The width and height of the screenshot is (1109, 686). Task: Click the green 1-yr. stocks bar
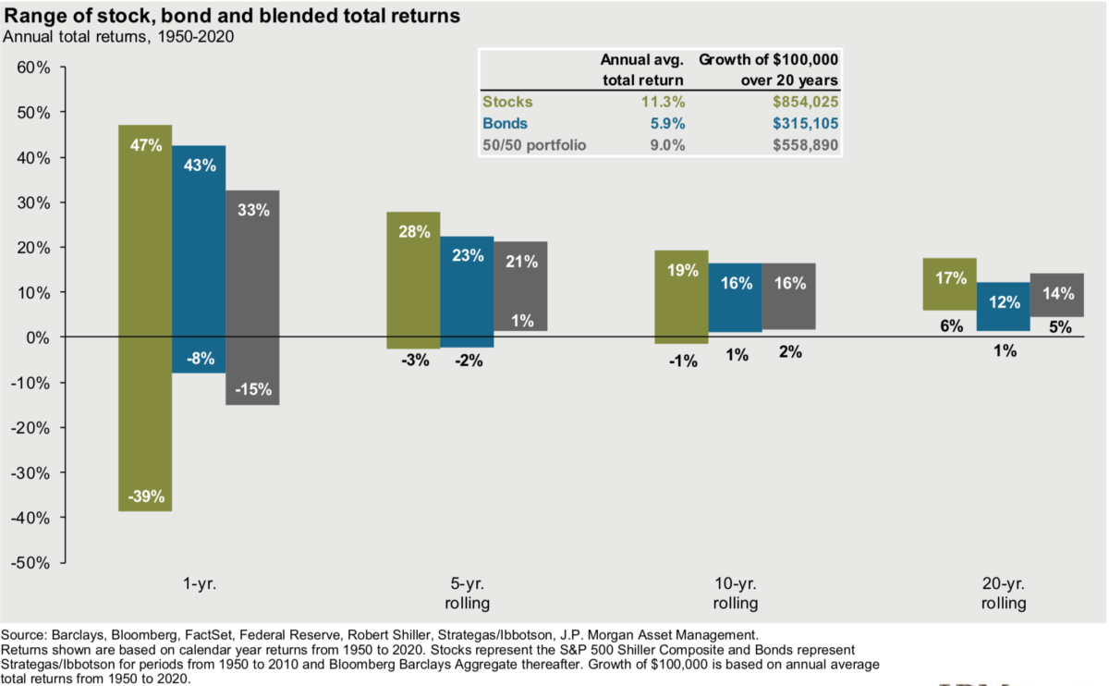(x=145, y=314)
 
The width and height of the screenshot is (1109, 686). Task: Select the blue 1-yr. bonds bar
(x=199, y=259)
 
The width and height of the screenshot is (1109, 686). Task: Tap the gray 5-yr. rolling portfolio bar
(x=520, y=287)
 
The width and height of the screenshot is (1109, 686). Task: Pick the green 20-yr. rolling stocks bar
(x=950, y=296)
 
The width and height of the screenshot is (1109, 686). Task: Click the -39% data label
(x=146, y=496)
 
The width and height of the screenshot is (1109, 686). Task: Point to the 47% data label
(x=146, y=145)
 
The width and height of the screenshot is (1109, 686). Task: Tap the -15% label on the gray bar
(x=252, y=390)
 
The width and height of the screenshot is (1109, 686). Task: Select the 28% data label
(x=414, y=232)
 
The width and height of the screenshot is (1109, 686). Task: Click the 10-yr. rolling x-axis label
(x=736, y=594)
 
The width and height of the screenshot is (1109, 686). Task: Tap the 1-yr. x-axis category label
(x=200, y=584)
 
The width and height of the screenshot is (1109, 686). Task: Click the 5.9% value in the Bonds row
(x=665, y=123)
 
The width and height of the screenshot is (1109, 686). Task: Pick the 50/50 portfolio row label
(x=534, y=144)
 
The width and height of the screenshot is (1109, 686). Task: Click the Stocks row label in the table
(x=507, y=102)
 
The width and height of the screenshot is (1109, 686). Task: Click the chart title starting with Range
(x=232, y=17)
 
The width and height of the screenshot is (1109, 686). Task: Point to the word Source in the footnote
(x=24, y=635)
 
